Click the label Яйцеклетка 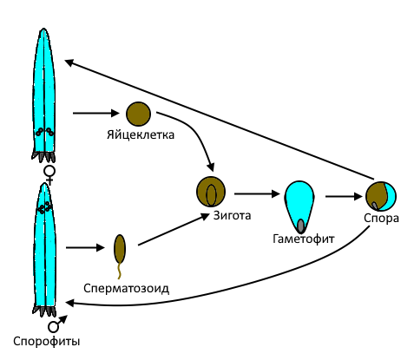(x=141, y=135)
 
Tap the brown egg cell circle (x=138, y=114)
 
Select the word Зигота (x=232, y=215)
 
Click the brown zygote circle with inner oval (x=211, y=192)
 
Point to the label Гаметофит (x=304, y=239)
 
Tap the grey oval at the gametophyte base (x=301, y=226)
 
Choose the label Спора (x=381, y=218)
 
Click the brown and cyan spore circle (x=381, y=196)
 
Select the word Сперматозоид (x=127, y=288)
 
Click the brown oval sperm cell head (x=120, y=249)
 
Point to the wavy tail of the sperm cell (x=119, y=271)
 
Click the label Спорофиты (x=47, y=342)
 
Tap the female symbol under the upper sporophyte (x=49, y=175)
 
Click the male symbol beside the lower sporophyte (x=57, y=324)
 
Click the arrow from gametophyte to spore (x=344, y=197)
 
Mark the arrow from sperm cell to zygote (x=174, y=230)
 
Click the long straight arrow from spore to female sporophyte (x=220, y=120)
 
